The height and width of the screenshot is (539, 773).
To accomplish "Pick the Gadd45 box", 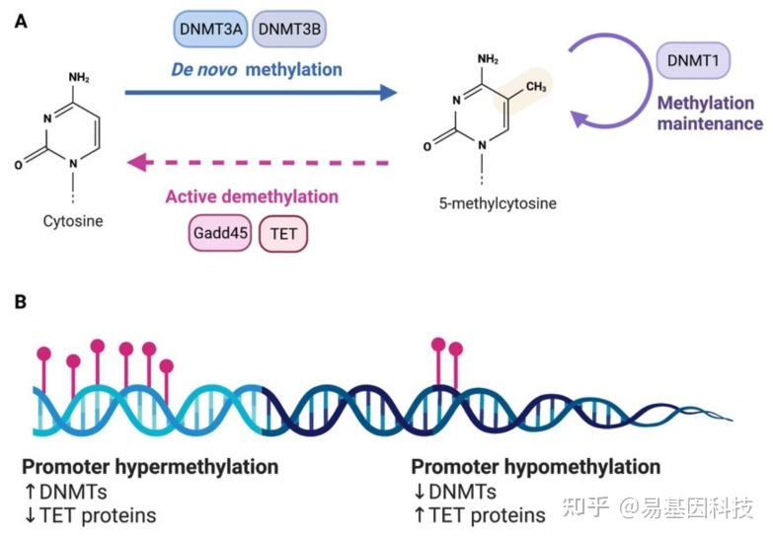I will [218, 235].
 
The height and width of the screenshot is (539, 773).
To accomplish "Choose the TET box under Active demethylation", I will [283, 235].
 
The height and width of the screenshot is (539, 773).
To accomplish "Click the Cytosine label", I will [73, 222].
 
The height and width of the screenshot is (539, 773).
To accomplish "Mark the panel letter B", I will [20, 300].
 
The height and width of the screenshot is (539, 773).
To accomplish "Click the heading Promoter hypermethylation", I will [150, 467].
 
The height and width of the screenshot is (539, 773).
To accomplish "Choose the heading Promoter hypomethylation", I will [535, 467].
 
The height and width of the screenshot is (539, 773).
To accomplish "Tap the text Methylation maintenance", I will [710, 114].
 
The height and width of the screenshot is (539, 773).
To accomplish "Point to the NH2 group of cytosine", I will [81, 78].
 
